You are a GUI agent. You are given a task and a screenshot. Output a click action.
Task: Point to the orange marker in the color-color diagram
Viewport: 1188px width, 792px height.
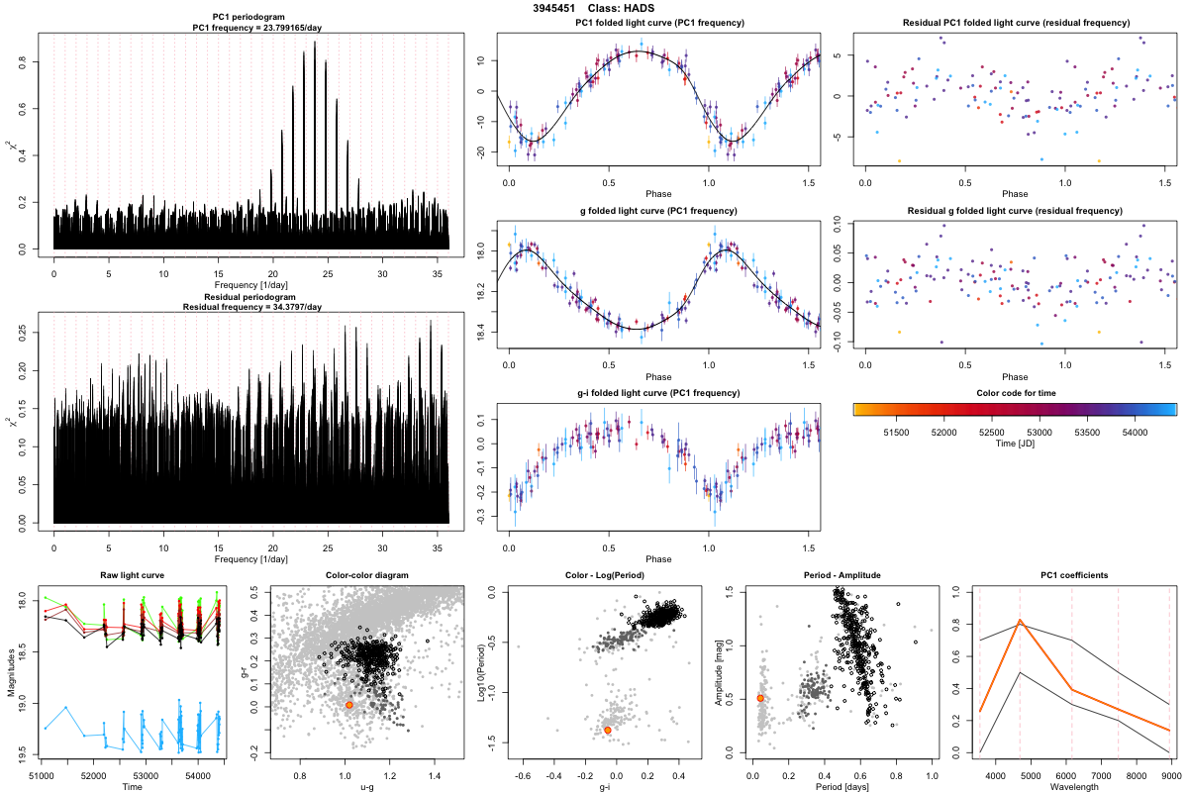[x=349, y=705]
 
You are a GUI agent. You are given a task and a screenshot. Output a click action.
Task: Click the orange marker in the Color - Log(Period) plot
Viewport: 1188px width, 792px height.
[x=607, y=730]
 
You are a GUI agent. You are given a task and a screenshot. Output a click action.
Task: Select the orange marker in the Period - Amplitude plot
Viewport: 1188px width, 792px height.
[x=760, y=698]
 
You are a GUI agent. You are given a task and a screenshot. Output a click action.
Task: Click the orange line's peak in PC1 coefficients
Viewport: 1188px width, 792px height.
[x=1020, y=622]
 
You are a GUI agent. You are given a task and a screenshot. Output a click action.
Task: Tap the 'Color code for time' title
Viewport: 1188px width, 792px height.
[x=1014, y=393]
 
